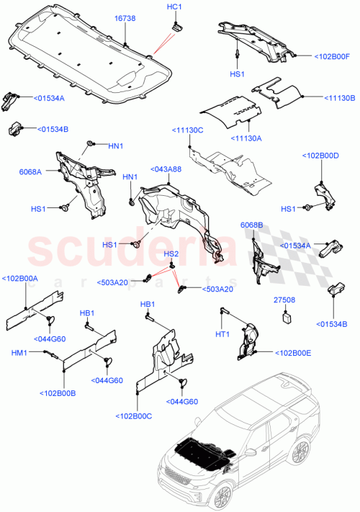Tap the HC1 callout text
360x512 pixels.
(175, 7)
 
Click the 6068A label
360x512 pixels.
(30, 171)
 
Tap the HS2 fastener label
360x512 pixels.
(171, 254)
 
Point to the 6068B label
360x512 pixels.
(251, 225)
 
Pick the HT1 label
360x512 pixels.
(222, 334)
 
